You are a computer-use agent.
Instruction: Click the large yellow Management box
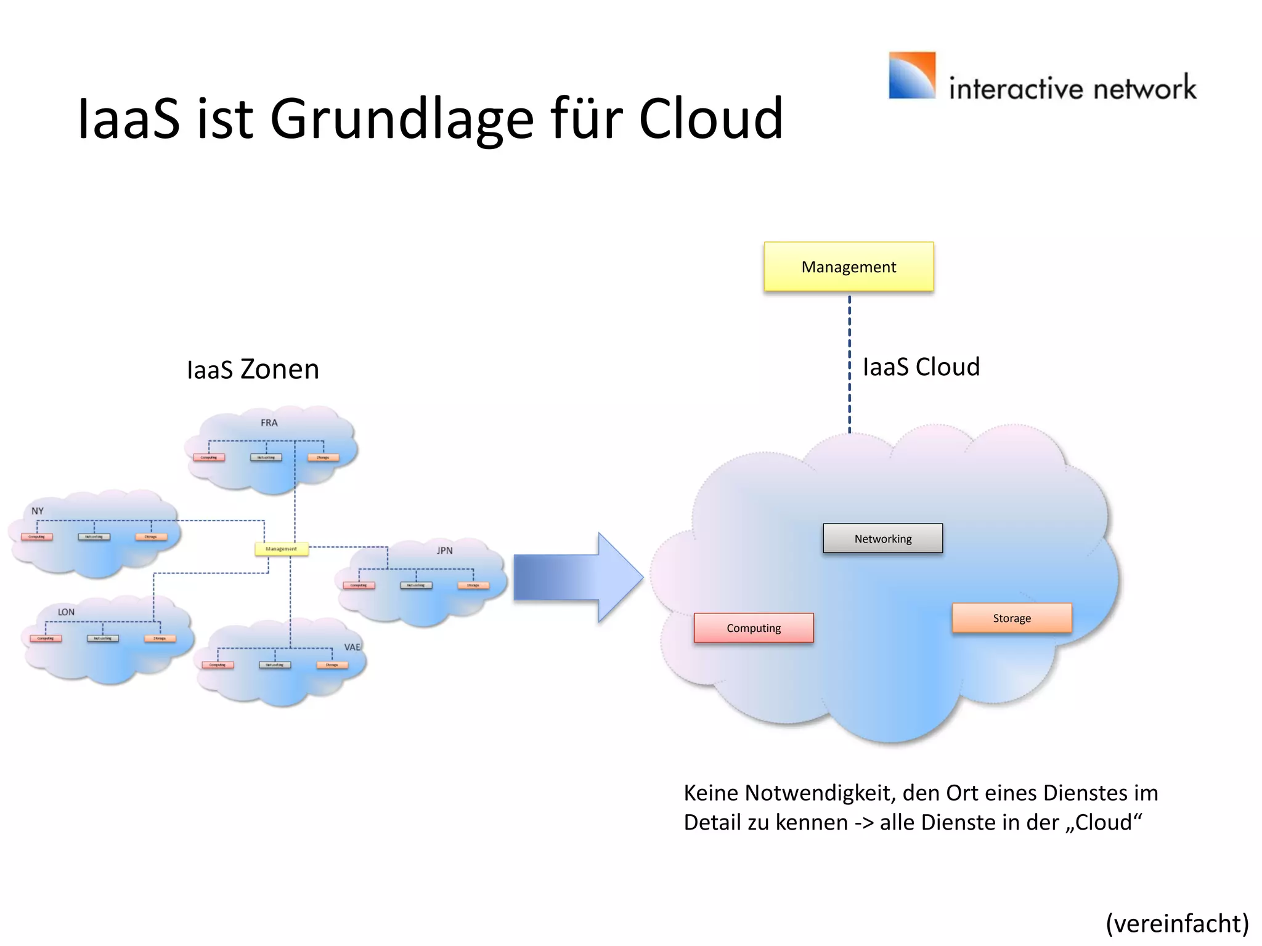[849, 267]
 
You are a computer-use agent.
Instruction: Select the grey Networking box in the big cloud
[882, 539]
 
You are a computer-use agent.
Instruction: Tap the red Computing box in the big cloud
[754, 628]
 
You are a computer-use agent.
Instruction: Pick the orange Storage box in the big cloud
[1012, 618]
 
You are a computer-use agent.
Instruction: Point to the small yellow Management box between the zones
[282, 549]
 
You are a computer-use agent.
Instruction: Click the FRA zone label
[269, 423]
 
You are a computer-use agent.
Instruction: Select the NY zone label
[38, 511]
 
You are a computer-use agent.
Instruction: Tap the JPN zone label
[444, 551]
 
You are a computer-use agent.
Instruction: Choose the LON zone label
[66, 612]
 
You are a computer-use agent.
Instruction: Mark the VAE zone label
[352, 647]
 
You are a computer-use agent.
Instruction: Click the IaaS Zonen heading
[253, 370]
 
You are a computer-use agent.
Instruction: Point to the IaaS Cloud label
[921, 367]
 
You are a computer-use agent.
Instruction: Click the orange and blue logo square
[911, 76]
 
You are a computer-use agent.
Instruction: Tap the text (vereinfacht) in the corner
[1177, 924]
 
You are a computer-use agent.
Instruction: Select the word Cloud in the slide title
[710, 118]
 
